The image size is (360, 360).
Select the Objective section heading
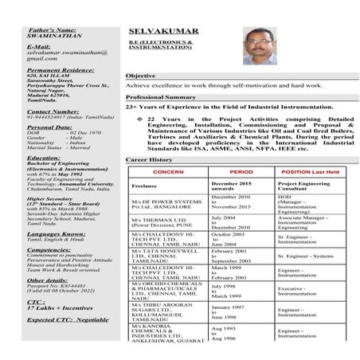(x=140, y=76)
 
